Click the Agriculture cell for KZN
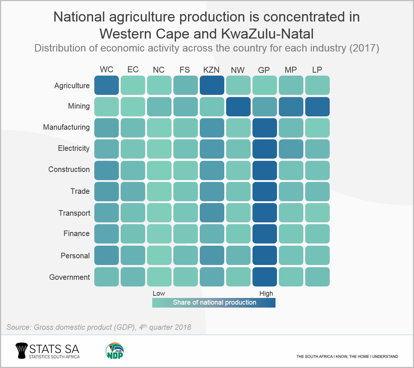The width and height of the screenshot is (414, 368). coord(212,85)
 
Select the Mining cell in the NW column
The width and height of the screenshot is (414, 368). coord(238,106)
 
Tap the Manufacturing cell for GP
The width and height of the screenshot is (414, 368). coord(264,127)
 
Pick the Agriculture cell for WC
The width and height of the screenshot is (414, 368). coord(106,85)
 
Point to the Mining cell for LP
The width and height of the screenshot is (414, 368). coord(317,106)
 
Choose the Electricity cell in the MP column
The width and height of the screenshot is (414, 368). coord(291,149)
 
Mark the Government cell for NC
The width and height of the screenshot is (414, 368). coord(159,277)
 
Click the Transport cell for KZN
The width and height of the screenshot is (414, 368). coord(212,213)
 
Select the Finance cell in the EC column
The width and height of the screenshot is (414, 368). coord(133,234)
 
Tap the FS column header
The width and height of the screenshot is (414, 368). coord(185,70)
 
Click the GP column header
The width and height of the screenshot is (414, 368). coord(264,70)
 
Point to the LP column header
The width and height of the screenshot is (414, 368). coord(317,70)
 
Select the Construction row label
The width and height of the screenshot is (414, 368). coord(69,169)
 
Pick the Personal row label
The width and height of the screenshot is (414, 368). coord(75,256)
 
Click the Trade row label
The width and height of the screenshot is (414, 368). coord(80,191)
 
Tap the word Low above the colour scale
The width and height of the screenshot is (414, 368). coord(159,294)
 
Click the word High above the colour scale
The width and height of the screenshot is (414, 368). coord(266,294)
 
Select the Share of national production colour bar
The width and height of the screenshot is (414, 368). coord(214,302)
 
